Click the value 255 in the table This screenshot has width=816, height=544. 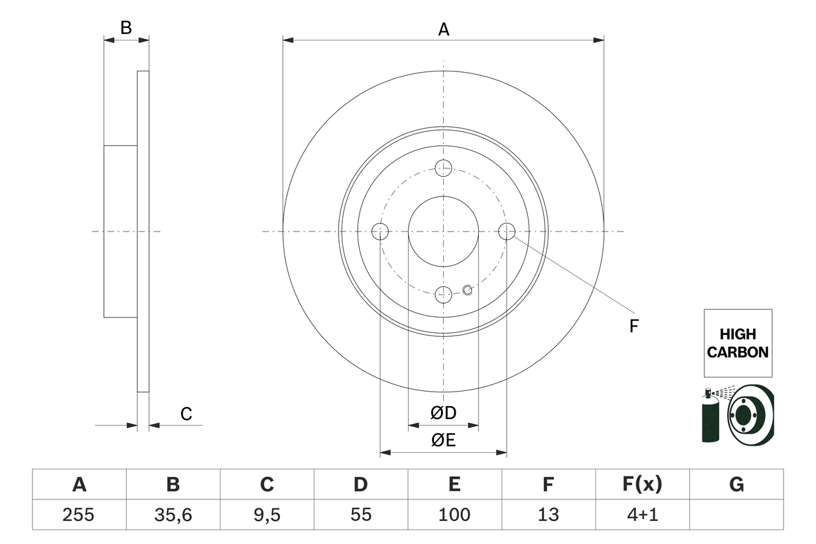(79, 515)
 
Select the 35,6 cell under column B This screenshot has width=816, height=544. (173, 515)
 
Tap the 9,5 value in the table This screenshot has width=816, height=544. (266, 515)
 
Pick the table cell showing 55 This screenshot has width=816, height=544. (360, 515)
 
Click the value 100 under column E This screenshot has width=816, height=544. (454, 515)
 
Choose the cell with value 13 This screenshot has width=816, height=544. (548, 515)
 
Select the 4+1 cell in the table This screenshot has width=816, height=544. (642, 515)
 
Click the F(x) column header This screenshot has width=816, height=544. (642, 485)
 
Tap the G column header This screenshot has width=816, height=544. (736, 485)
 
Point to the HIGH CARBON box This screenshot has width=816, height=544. (738, 343)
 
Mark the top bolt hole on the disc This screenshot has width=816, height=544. (443, 168)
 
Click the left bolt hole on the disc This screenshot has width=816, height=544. (380, 232)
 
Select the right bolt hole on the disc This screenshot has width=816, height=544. (506, 232)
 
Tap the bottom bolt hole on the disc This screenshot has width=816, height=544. (443, 294)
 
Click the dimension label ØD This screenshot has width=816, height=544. (443, 413)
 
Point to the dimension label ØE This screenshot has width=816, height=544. (443, 440)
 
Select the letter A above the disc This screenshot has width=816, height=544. (443, 29)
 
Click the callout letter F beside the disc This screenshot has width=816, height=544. (634, 327)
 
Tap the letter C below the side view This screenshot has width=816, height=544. (186, 415)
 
